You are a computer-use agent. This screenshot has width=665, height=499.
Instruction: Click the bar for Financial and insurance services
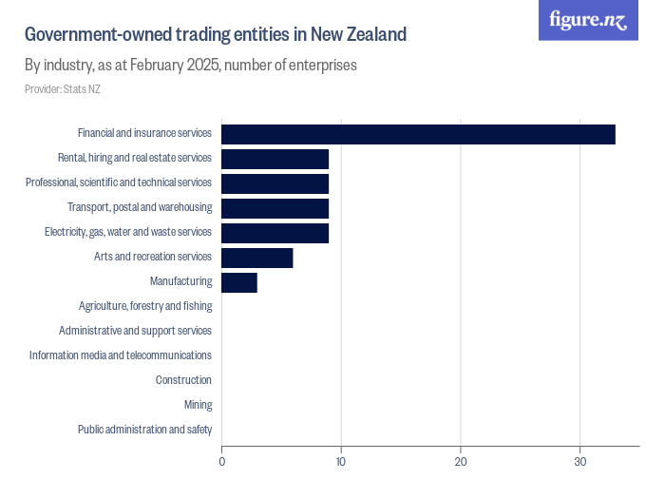[x=418, y=134]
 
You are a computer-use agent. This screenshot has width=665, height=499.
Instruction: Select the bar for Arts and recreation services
[x=256, y=258]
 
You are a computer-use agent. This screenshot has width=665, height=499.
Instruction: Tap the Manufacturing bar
[x=238, y=282]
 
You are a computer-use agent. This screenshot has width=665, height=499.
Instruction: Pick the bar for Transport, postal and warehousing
[x=275, y=208]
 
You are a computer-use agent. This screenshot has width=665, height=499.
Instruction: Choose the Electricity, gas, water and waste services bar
[x=275, y=233]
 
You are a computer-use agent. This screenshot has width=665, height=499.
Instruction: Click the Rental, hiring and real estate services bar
[x=275, y=159]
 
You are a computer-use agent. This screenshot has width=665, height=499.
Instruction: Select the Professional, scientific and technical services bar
[x=275, y=183]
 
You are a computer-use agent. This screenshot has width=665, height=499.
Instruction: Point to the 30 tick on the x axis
[x=580, y=462]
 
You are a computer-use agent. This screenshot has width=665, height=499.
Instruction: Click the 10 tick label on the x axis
[x=341, y=462]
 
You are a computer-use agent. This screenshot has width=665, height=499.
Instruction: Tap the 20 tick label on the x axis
[x=461, y=462]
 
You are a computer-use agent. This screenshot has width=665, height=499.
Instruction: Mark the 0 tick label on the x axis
[x=222, y=462]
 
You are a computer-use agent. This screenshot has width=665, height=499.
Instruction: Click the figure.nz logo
[x=588, y=20]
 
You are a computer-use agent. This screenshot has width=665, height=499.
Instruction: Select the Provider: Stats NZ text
[x=62, y=89]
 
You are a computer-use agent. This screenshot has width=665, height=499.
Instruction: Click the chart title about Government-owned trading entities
[x=216, y=35]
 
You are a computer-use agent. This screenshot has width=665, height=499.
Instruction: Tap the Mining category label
[x=198, y=405]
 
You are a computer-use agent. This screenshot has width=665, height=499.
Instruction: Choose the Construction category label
[x=183, y=380]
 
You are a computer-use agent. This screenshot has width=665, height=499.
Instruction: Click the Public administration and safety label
[x=144, y=430]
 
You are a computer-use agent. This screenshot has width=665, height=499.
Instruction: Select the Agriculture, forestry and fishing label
[x=145, y=306]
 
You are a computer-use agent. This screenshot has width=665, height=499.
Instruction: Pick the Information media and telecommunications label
[x=121, y=355]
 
